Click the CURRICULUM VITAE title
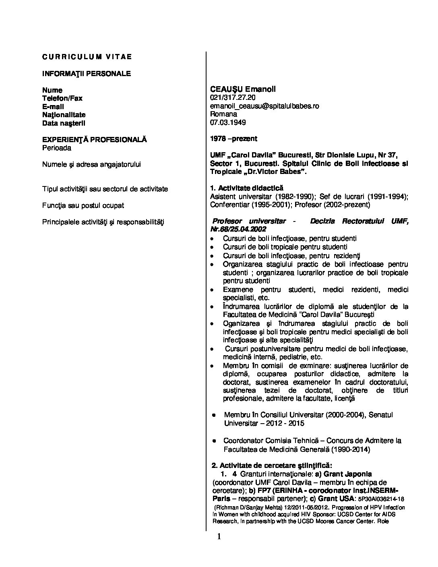point(87,57)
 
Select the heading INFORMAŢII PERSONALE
point(87,74)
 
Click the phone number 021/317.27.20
point(233,98)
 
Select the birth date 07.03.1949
point(228,122)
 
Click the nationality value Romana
point(223,114)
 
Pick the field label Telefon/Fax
point(62,98)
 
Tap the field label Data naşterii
point(64,123)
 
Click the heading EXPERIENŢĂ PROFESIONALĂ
point(95,140)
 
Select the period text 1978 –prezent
point(233,139)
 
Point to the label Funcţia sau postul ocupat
point(83,205)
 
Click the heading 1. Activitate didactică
point(247,188)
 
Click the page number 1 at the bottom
point(219,536)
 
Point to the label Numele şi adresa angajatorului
point(91,164)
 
